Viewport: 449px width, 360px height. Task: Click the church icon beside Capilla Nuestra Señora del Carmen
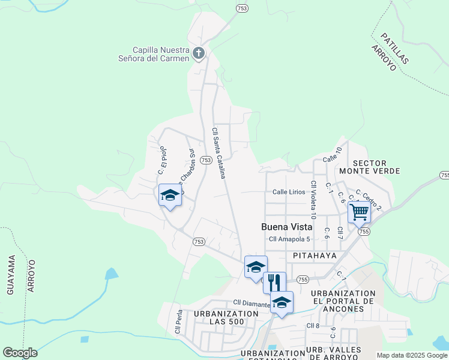click(x=199, y=54)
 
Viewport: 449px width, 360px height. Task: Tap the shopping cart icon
click(x=359, y=211)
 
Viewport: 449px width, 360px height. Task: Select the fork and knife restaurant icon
click(x=274, y=282)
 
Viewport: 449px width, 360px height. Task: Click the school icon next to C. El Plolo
click(x=170, y=195)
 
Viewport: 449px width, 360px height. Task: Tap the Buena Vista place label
click(x=287, y=227)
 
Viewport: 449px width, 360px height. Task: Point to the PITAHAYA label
click(x=315, y=256)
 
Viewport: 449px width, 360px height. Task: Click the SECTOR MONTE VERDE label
click(x=376, y=167)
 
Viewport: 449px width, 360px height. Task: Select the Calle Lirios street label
click(x=289, y=192)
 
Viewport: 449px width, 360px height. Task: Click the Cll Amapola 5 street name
click(x=289, y=239)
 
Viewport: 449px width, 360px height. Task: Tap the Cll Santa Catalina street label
click(x=218, y=153)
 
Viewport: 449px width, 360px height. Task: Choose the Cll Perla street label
click(x=178, y=322)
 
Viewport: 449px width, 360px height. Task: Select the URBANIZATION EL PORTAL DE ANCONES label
click(x=343, y=301)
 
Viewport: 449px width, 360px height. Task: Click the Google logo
click(x=20, y=353)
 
